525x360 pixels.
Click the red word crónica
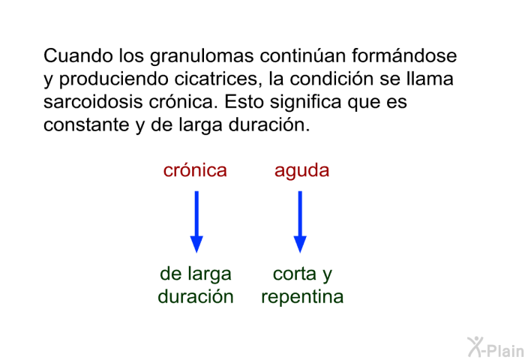click(x=195, y=170)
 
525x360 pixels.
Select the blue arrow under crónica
click(x=196, y=222)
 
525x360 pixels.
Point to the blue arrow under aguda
click(x=300, y=222)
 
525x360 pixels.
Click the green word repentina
click(x=302, y=298)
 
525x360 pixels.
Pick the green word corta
click(x=295, y=274)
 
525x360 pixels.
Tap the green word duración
click(x=196, y=296)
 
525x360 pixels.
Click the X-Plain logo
click(x=496, y=347)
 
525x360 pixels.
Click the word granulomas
click(x=202, y=56)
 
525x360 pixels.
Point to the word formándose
click(x=404, y=55)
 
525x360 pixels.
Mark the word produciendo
click(x=114, y=79)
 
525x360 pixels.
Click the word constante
click(x=86, y=125)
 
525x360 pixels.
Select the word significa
click(x=306, y=103)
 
